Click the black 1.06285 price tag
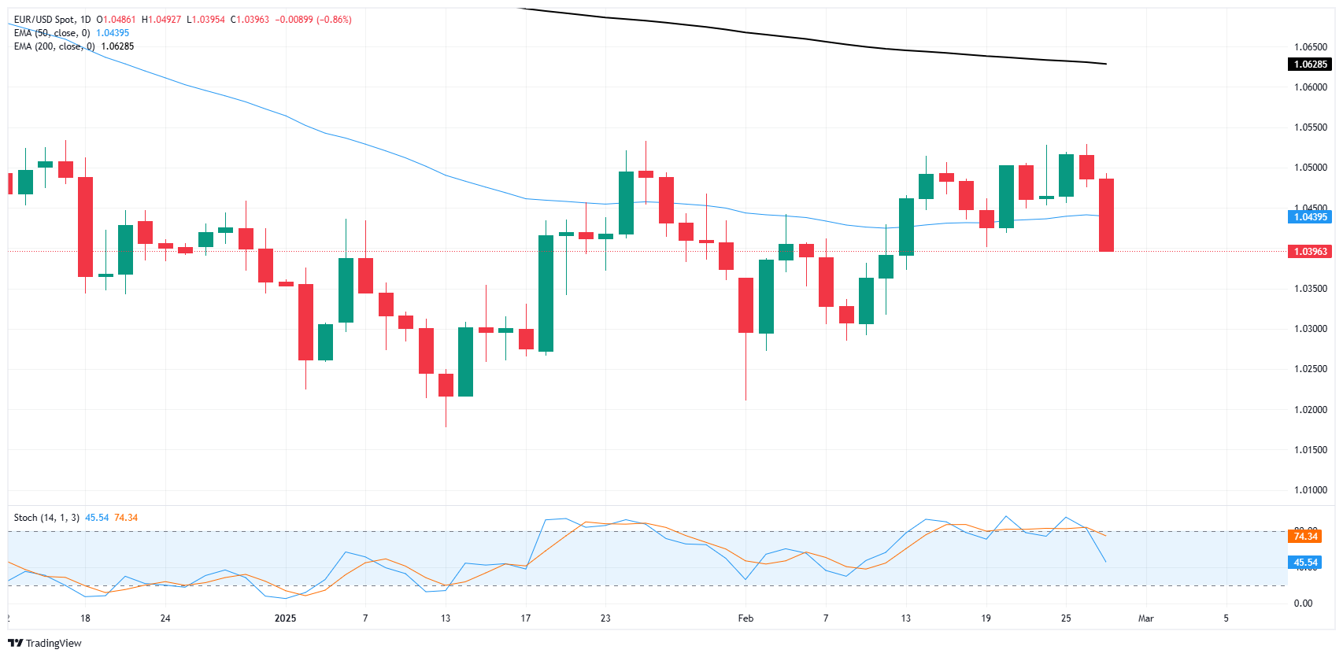(x=1310, y=65)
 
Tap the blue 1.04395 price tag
(x=1310, y=217)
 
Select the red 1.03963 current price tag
(x=1310, y=252)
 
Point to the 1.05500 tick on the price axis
(x=1310, y=127)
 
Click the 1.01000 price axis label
(x=1310, y=490)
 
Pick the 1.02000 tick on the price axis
(x=1310, y=410)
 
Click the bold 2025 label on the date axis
(x=285, y=618)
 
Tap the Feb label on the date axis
(x=745, y=618)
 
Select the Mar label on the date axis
(x=1145, y=618)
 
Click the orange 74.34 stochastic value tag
(x=1305, y=537)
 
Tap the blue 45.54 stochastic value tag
(x=1305, y=563)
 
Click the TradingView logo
(x=45, y=643)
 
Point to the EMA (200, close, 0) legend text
(x=54, y=46)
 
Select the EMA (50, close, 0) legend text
(x=52, y=33)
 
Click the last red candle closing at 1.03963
(x=1106, y=215)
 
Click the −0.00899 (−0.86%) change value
(x=313, y=20)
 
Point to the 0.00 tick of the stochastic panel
(x=1303, y=603)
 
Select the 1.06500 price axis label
(x=1310, y=47)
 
